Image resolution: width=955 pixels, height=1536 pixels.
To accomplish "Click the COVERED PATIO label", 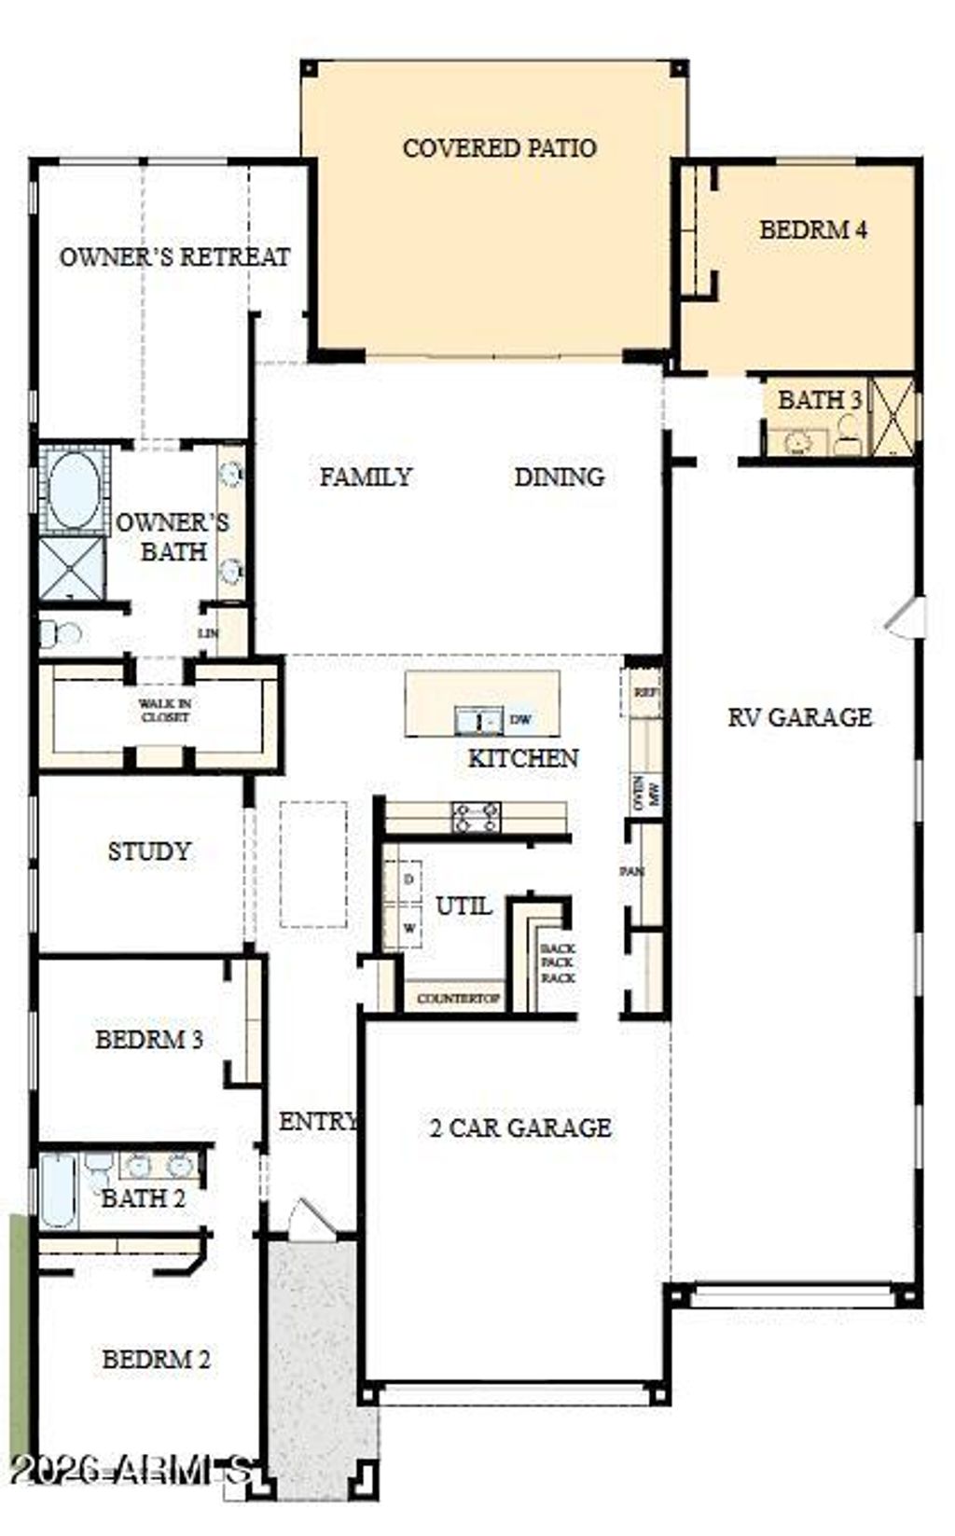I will pyautogui.click(x=499, y=147).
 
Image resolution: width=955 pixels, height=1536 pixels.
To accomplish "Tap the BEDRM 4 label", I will pyautogui.click(x=812, y=229).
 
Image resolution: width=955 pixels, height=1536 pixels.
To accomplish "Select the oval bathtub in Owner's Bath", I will pyautogui.click(x=74, y=491).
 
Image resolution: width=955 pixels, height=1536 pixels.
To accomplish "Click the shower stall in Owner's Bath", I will pyautogui.click(x=72, y=568).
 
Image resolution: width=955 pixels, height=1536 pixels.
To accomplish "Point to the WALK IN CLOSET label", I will pyautogui.click(x=165, y=711).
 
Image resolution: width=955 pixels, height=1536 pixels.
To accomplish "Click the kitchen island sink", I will pyautogui.click(x=478, y=721).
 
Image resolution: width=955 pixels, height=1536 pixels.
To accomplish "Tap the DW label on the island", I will pyautogui.click(x=521, y=720).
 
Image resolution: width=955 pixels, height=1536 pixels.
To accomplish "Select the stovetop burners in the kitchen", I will pyautogui.click(x=476, y=817).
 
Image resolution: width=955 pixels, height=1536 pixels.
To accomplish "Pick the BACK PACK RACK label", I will pyautogui.click(x=558, y=962).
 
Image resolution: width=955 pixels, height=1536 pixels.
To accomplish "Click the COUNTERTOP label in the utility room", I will pyautogui.click(x=458, y=999).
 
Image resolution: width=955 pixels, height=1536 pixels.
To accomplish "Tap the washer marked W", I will pyautogui.click(x=409, y=929).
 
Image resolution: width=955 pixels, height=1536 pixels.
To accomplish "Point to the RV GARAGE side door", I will pyautogui.click(x=907, y=618).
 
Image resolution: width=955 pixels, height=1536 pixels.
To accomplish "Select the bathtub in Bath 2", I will pyautogui.click(x=58, y=1191).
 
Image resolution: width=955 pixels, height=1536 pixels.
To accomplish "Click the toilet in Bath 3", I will pyautogui.click(x=848, y=435).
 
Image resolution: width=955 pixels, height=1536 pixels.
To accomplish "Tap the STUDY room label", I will pyautogui.click(x=148, y=851).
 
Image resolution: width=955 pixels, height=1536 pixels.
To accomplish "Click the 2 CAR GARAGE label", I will pyautogui.click(x=520, y=1128).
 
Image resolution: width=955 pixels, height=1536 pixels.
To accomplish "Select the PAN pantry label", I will pyautogui.click(x=632, y=872).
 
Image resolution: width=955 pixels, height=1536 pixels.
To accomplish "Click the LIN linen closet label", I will pyautogui.click(x=208, y=633).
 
